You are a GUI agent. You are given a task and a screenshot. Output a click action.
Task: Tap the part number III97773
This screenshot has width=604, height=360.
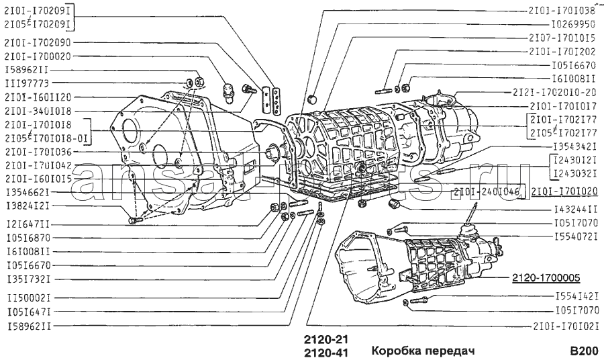[26, 83]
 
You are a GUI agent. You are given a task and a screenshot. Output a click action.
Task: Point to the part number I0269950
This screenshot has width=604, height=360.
[569, 24]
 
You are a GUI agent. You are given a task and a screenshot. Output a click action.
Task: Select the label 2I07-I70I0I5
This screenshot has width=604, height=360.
[562, 38]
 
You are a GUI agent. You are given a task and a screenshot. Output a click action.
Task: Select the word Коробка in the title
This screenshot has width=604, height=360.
[395, 350]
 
